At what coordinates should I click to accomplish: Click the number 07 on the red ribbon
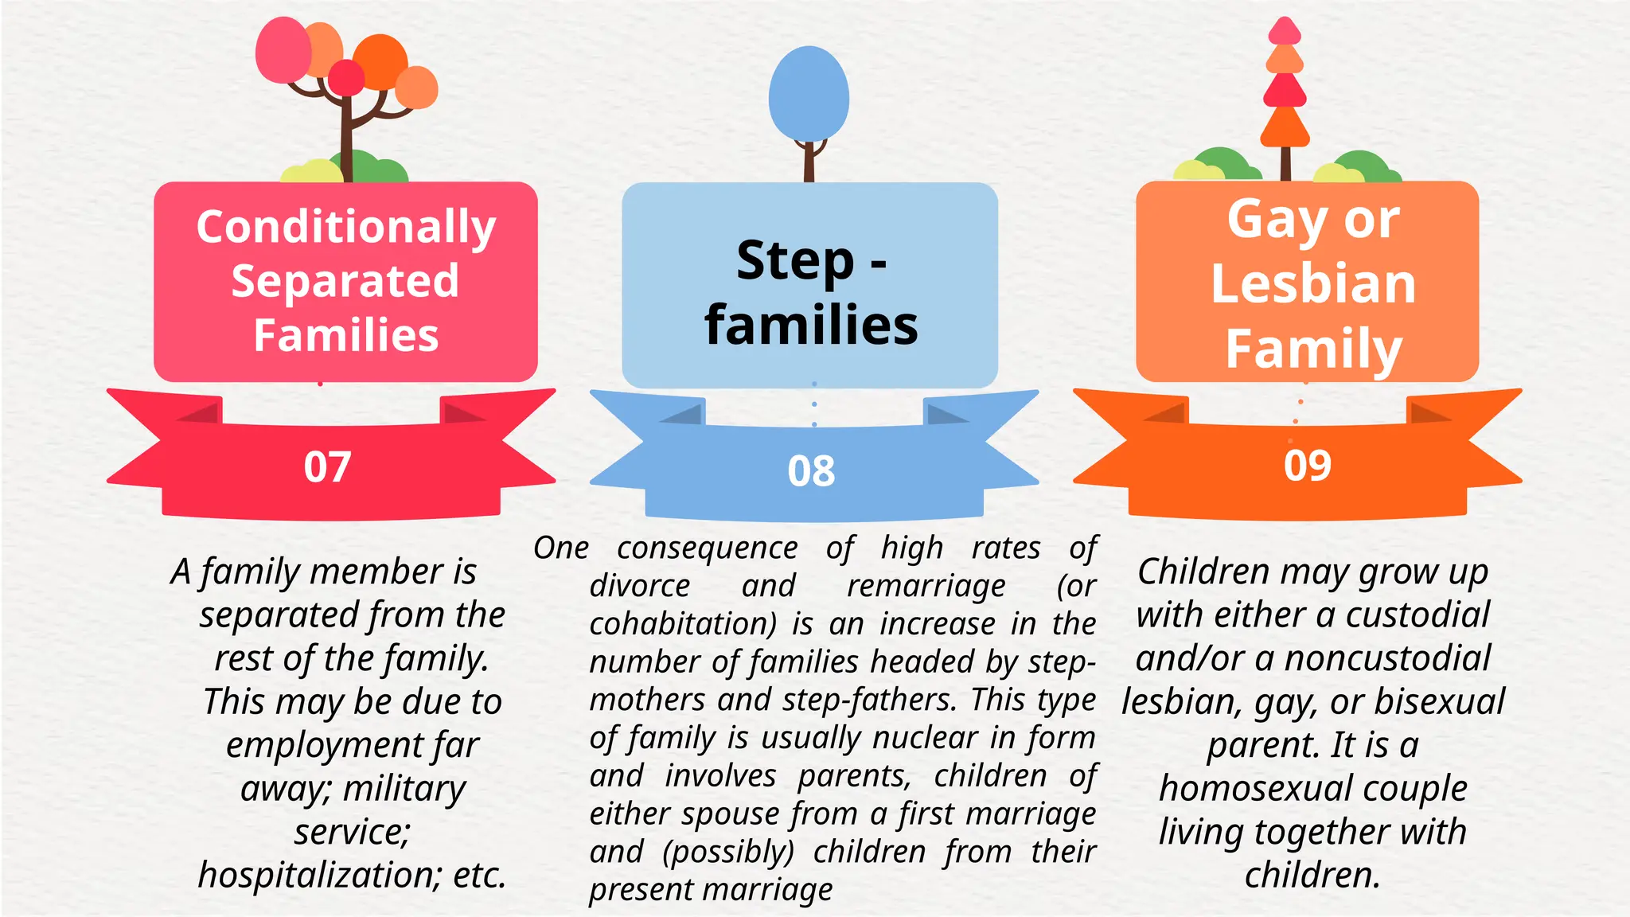coord(327,466)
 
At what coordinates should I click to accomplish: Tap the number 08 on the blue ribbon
coord(811,471)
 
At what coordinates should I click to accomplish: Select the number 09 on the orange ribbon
coord(1307,466)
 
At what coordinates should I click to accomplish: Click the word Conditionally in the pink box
coord(346,228)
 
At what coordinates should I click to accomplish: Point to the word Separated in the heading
coord(345,281)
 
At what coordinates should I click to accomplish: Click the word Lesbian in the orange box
coord(1313,283)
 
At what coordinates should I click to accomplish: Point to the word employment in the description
coord(325,746)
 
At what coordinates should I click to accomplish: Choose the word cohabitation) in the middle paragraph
coord(683,623)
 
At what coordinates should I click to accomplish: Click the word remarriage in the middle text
coord(926,586)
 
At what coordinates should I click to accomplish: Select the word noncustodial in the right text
coord(1387,659)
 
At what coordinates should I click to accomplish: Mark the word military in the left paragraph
coord(404,789)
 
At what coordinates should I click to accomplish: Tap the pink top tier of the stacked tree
coord(1285,32)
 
